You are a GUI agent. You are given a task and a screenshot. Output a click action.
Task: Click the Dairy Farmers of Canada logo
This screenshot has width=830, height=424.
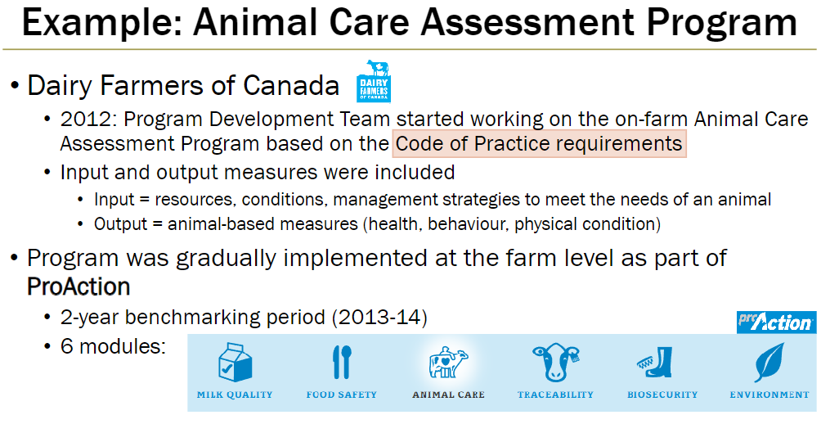point(374,80)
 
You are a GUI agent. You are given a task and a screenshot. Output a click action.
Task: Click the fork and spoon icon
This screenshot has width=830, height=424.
point(341,362)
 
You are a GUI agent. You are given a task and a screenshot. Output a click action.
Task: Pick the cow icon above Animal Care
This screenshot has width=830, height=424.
point(447,362)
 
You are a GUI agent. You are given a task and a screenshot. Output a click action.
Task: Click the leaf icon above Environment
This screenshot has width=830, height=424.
point(769,362)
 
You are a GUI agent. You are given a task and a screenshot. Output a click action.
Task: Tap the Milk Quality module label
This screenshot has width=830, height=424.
point(235,395)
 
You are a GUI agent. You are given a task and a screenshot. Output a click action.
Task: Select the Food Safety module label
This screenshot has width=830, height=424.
point(342,395)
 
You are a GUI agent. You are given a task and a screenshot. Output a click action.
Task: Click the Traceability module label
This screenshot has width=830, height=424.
point(555,395)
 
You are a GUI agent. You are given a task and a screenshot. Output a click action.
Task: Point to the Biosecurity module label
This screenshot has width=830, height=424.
point(662,395)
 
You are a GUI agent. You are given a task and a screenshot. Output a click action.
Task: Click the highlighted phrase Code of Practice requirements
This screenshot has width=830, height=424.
point(539,144)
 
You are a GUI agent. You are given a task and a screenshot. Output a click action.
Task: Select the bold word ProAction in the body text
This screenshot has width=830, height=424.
point(79,287)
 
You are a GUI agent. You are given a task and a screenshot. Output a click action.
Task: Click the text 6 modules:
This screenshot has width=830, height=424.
point(114,345)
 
